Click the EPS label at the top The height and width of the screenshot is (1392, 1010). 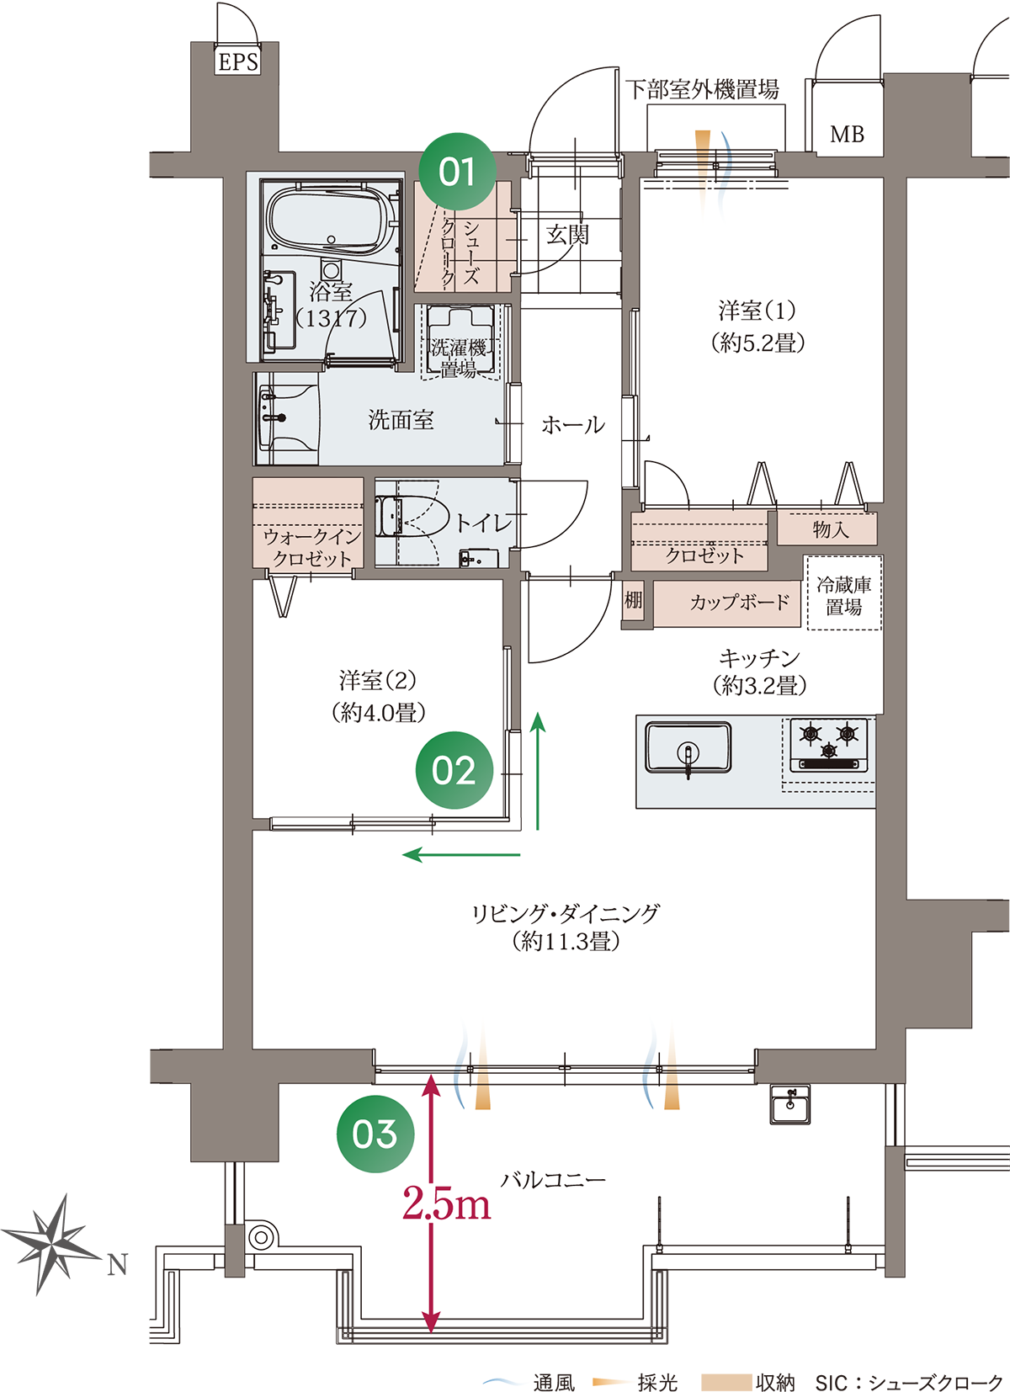238,62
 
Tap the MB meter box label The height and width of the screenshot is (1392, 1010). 848,134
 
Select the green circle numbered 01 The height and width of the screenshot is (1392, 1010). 457,172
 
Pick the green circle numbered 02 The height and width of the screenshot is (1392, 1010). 454,770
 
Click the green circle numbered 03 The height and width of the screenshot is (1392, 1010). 375,1134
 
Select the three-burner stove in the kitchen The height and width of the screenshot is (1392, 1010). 829,745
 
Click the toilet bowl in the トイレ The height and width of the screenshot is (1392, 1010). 413,515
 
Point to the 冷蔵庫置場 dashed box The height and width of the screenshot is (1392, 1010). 844,592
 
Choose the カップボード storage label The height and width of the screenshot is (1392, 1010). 740,602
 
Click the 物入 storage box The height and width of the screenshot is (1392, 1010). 827,529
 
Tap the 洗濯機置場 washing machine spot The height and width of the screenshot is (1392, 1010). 460,343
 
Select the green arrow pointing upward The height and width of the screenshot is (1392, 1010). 538,771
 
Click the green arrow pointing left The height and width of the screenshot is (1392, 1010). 461,854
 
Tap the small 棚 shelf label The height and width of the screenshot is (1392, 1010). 633,600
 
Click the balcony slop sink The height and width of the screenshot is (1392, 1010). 790,1104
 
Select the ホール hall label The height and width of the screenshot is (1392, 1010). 572,425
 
